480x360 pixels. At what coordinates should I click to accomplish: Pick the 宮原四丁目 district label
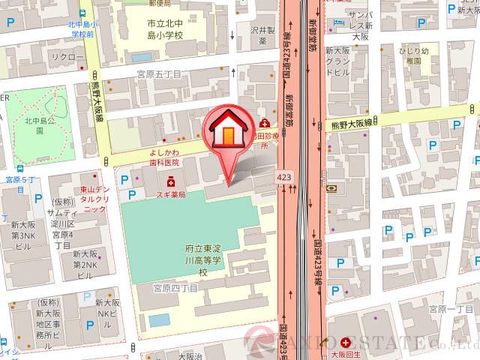(x=175, y=288)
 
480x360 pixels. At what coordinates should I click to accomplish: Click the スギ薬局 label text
(x=172, y=193)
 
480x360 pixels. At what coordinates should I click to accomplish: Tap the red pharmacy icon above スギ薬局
(x=172, y=181)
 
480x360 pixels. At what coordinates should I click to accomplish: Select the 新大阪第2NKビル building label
(x=83, y=265)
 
